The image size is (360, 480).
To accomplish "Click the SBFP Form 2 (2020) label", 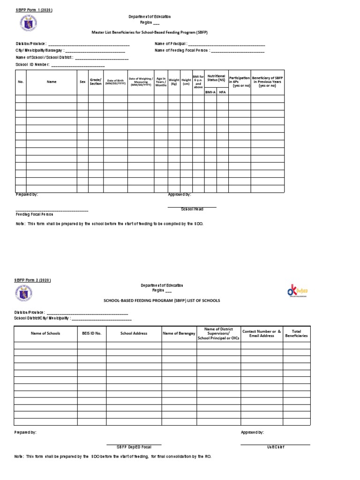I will (x=32, y=280).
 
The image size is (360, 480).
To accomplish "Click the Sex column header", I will (x=82, y=82).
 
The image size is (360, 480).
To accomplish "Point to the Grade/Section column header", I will (x=96, y=82).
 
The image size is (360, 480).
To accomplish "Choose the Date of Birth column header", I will (x=115, y=82).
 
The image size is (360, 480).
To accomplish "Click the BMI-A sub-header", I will (x=210, y=92).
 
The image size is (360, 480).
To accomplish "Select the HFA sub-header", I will (x=222, y=92).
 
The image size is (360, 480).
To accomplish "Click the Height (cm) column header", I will (x=186, y=82).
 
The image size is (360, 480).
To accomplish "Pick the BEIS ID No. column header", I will (x=92, y=333).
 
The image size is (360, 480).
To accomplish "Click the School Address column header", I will (x=134, y=333).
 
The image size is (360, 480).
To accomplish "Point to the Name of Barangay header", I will (x=180, y=333).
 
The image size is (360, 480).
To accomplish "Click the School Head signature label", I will (x=192, y=209).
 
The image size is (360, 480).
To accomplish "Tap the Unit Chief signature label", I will (x=276, y=447).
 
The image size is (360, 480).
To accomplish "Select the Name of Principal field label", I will (x=171, y=44).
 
